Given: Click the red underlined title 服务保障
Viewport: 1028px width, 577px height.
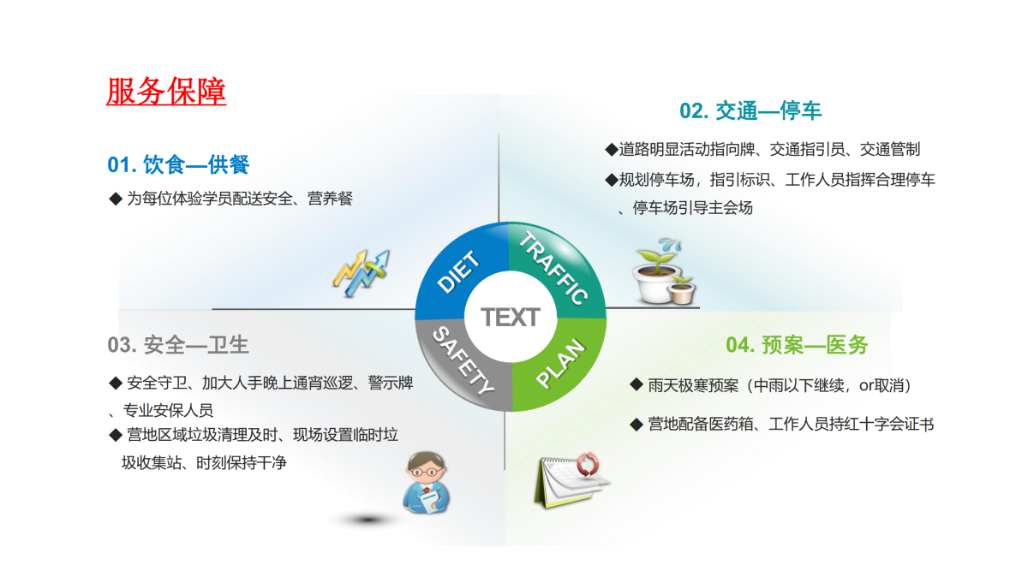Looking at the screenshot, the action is [x=166, y=92].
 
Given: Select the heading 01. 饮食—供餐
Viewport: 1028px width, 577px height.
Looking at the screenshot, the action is [x=178, y=164].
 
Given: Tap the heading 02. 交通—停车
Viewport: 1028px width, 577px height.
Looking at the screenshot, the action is [x=750, y=111].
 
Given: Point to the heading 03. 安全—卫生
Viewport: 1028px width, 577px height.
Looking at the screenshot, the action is [x=178, y=345].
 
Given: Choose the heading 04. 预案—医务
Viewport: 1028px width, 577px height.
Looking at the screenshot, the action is [x=797, y=345].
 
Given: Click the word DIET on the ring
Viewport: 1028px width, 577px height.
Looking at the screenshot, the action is [x=458, y=271].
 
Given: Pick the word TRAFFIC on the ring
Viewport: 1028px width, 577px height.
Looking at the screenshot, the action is [x=553, y=267].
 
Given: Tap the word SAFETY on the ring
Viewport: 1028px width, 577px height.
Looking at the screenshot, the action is [x=463, y=361].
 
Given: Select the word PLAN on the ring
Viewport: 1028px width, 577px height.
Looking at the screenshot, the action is [x=561, y=364].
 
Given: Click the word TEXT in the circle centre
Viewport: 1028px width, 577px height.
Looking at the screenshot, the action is [x=511, y=318].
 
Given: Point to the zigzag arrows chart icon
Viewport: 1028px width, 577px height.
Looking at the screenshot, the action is [x=362, y=273].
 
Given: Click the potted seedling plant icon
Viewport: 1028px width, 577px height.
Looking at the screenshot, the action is [x=664, y=271].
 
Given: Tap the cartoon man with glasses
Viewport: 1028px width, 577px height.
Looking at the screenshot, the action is [x=426, y=483].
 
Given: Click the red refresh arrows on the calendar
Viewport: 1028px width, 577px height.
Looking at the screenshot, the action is [x=588, y=464].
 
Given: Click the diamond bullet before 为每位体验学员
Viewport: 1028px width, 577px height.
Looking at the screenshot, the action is [x=115, y=199].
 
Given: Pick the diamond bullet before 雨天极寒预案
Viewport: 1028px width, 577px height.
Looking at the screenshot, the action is [x=636, y=384].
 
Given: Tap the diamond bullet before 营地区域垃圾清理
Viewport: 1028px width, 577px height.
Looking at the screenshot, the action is [x=115, y=435].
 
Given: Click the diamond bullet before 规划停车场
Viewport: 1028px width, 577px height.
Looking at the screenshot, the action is [x=612, y=179].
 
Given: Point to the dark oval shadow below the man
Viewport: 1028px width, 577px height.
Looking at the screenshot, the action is [x=368, y=520].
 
